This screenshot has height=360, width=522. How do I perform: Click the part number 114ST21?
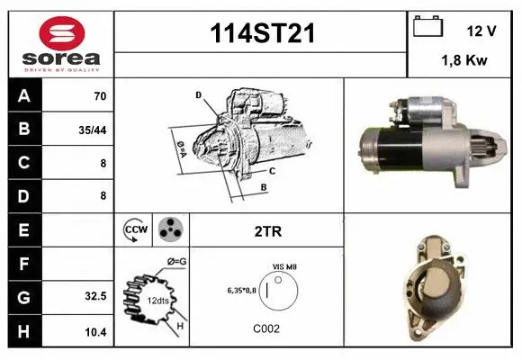pos(261,33)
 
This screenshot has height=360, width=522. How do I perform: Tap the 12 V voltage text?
pos(481,31)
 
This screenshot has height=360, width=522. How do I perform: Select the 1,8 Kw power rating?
pos(464,61)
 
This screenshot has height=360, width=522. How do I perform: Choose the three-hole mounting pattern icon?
pos(169,230)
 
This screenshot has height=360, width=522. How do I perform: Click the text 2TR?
pos(267,231)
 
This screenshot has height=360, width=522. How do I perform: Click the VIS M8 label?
pos(284,267)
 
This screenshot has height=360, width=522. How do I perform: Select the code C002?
pos(266,328)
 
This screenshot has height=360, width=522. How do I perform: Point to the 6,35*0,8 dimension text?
pos(241,291)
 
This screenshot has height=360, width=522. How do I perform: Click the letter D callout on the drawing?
pos(197,94)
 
